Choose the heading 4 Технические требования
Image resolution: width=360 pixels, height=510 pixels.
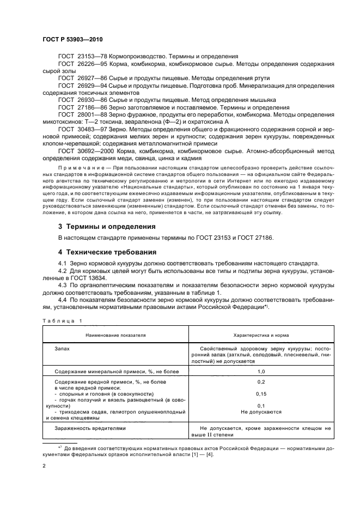[107, 252]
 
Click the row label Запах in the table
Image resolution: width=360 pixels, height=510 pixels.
[62, 347]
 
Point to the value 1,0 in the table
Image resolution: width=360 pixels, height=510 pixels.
[261, 371]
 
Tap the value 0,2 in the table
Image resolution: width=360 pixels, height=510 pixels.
[261, 382]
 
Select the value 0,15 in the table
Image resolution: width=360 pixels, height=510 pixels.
[261, 393]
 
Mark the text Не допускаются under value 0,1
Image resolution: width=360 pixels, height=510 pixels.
[261, 412]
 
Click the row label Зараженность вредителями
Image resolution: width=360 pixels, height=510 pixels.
[90, 428]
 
